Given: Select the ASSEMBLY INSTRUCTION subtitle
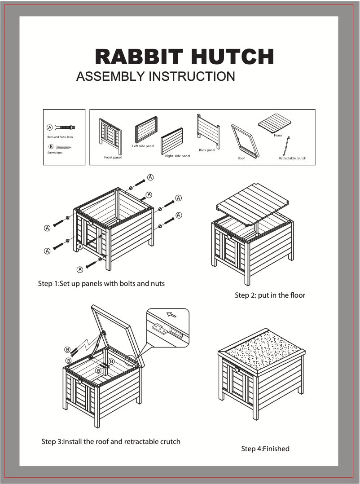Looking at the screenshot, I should (x=155, y=76).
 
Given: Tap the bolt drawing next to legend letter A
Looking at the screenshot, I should (x=65, y=128).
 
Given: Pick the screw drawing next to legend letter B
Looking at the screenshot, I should (x=64, y=147).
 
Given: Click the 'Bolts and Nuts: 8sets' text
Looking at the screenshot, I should (x=60, y=137).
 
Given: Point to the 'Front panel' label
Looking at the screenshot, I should (x=113, y=158).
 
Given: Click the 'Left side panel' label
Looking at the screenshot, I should (x=143, y=146).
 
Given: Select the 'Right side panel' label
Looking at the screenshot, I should (x=177, y=156).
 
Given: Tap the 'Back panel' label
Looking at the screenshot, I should (x=207, y=150).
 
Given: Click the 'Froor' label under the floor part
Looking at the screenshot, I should (x=278, y=135).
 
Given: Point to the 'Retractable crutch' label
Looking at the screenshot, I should (x=292, y=158).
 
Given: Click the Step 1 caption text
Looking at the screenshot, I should (x=101, y=284).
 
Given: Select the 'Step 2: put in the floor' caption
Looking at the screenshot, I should (x=270, y=295).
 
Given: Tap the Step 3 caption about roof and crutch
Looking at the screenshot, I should (x=111, y=441).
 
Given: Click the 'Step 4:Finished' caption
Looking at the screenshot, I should (x=265, y=449).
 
